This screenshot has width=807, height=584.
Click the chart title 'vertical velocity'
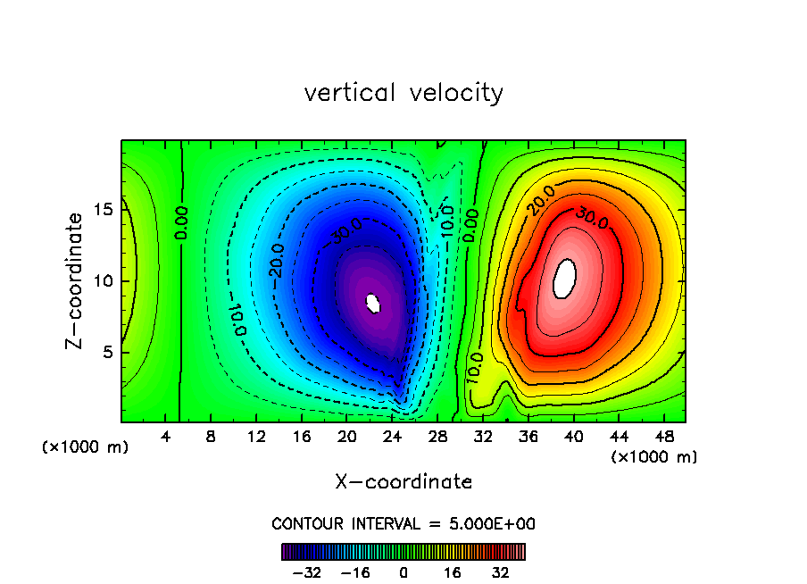[403, 93]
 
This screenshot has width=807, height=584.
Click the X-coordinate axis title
[403, 482]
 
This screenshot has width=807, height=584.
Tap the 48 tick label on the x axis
[663, 437]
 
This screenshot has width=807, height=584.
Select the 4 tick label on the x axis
[166, 437]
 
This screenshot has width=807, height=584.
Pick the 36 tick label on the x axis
[528, 437]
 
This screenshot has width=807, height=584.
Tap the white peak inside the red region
[564, 278]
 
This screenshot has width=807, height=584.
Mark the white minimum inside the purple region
[374, 304]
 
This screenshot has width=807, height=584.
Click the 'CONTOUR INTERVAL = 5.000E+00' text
[403, 523]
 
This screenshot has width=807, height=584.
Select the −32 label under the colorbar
[307, 572]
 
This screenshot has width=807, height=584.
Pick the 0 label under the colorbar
[403, 572]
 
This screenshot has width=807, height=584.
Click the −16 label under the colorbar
[355, 572]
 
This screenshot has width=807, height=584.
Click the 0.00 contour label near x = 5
[181, 224]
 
